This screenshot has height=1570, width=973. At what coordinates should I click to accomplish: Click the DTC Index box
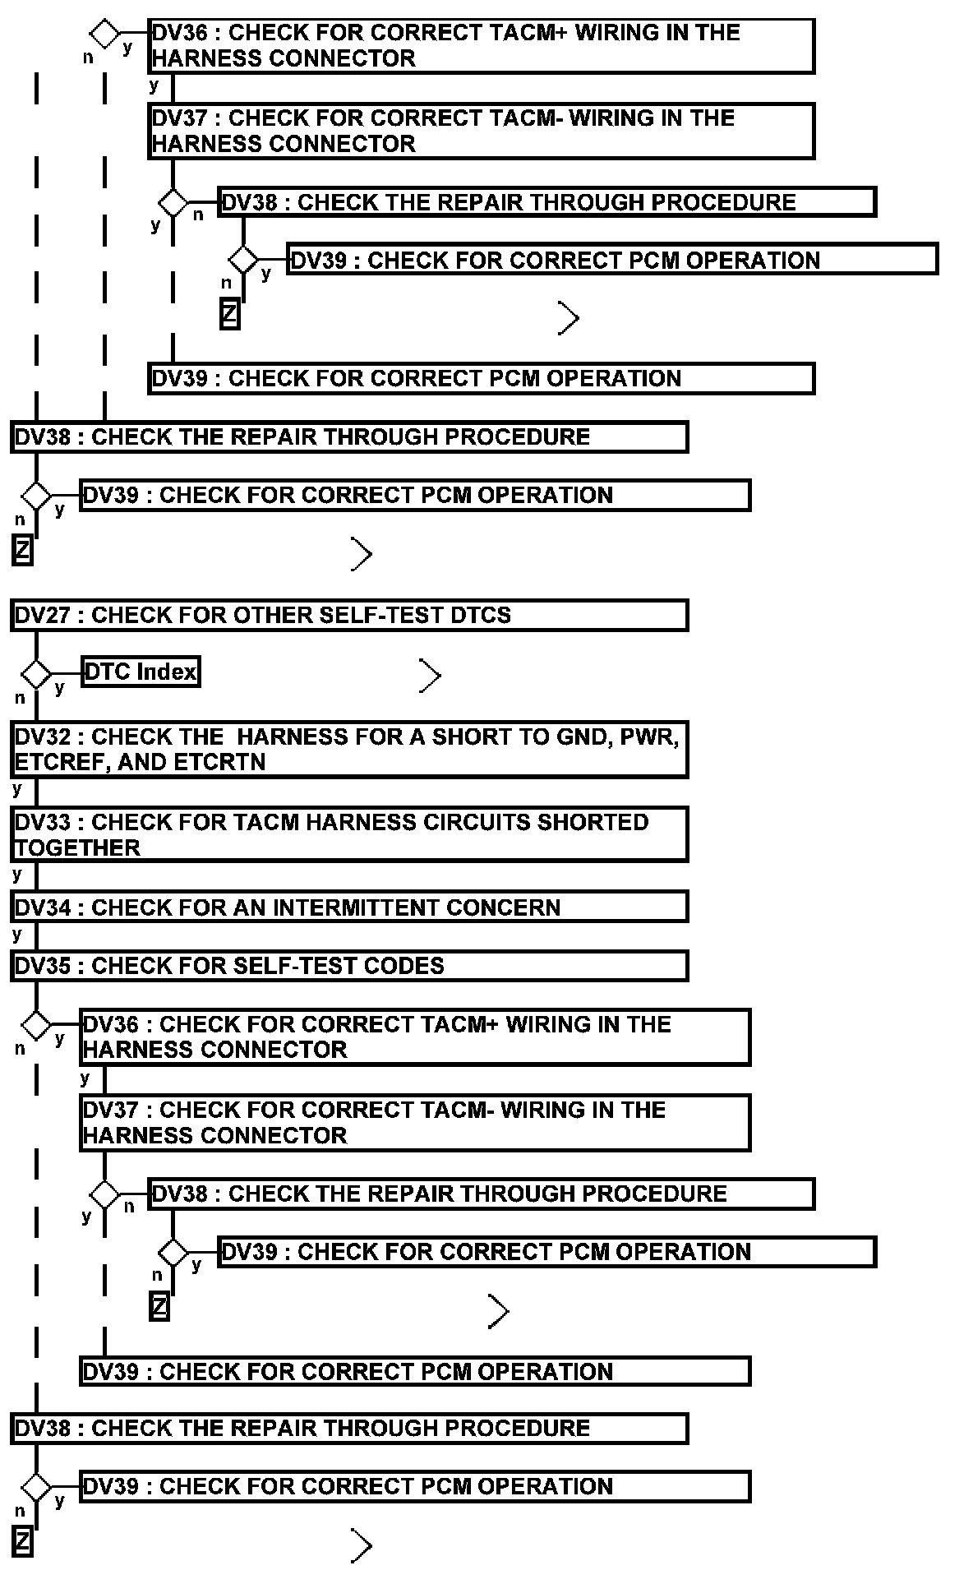(x=141, y=672)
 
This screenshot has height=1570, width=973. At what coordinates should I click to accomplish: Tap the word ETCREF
(x=62, y=762)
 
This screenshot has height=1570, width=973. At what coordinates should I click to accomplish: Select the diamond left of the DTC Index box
(x=36, y=673)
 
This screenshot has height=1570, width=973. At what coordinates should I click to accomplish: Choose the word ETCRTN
(x=223, y=762)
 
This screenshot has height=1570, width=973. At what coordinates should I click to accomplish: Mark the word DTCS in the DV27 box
(x=480, y=616)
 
